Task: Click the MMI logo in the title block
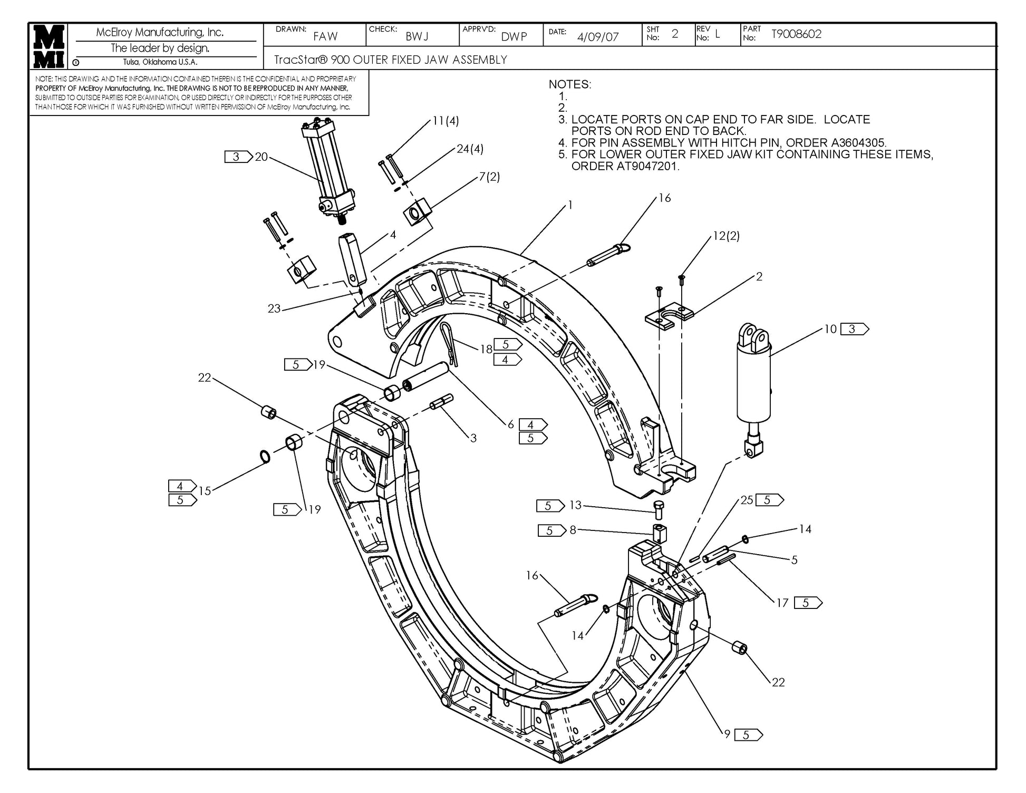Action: (49, 46)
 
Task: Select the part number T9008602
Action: (796, 34)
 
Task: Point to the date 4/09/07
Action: (597, 37)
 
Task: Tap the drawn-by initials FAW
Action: (325, 36)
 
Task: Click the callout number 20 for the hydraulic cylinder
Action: (262, 157)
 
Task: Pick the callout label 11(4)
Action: (445, 121)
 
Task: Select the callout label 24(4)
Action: (470, 149)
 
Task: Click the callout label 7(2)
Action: (489, 177)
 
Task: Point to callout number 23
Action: (274, 308)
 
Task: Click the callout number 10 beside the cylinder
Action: (830, 329)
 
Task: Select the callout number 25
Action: (747, 500)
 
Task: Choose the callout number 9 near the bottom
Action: (727, 733)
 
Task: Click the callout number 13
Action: (575, 505)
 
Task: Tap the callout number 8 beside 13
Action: (573, 530)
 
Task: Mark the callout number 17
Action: (782, 602)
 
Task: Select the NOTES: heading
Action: (570, 84)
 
